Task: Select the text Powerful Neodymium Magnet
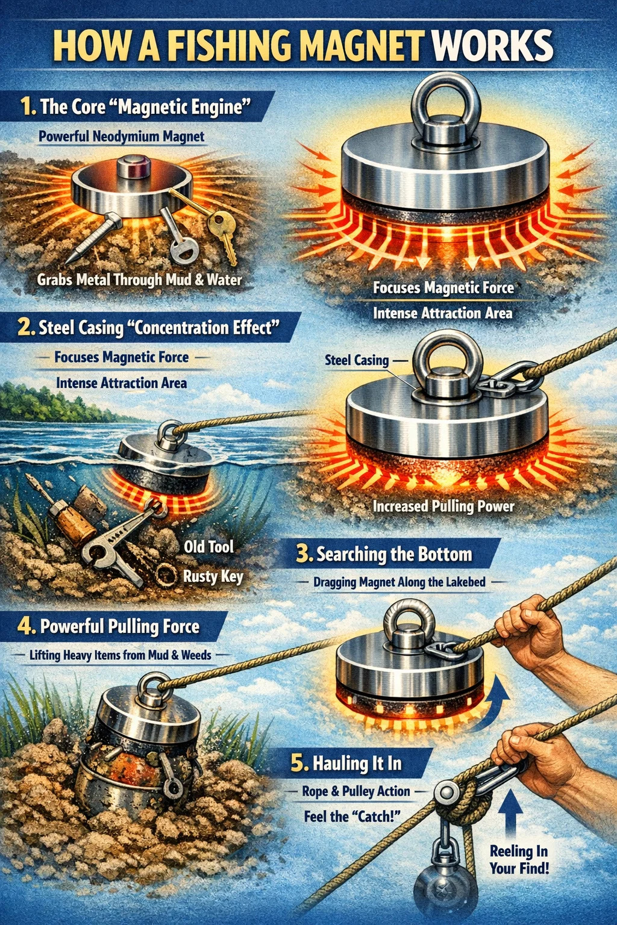coord(122,137)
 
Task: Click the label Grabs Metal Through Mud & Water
coord(139,280)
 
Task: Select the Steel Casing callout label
coord(357,360)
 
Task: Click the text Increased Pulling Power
coord(444,506)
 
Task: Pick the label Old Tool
coord(208,547)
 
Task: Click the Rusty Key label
coord(213,576)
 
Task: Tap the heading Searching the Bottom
coord(394,554)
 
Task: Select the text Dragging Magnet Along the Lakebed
coord(399,582)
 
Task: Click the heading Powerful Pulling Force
coord(119,627)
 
